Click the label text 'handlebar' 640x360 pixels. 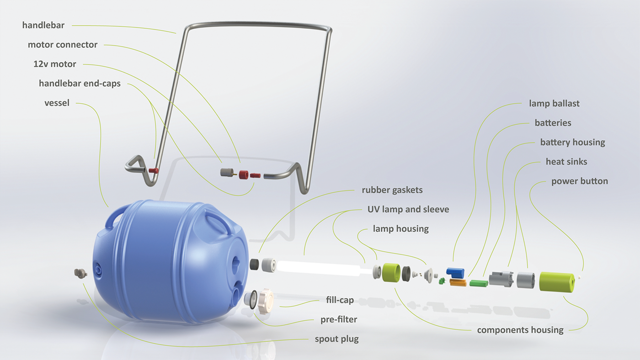click(43, 25)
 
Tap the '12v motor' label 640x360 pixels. click(54, 64)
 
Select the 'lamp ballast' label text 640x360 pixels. click(554, 103)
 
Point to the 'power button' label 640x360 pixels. click(579, 181)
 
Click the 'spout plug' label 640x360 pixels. click(336, 339)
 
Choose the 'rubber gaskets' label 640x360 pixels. click(392, 190)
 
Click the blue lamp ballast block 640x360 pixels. click(455, 272)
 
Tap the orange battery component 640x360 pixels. click(458, 283)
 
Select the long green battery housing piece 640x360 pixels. click(478, 283)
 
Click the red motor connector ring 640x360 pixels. click(243, 174)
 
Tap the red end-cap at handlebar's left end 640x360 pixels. click(154, 170)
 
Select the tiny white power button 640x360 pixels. click(580, 276)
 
